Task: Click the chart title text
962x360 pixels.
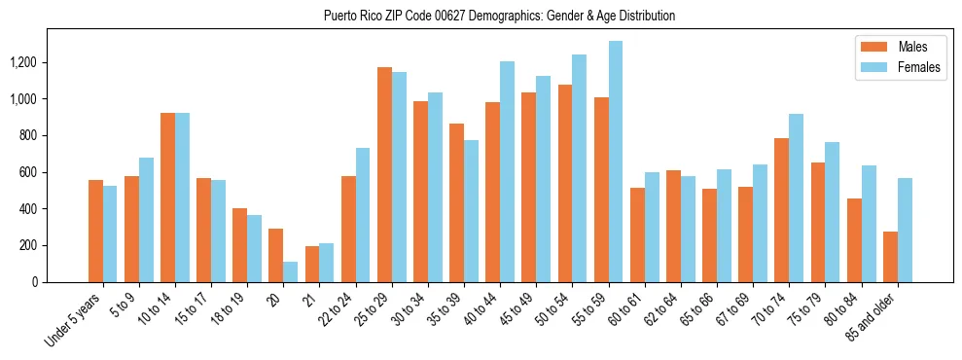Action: click(500, 17)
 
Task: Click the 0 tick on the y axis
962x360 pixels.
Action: click(35, 282)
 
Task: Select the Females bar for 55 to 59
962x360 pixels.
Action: click(616, 162)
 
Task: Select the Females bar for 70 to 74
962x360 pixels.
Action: click(796, 198)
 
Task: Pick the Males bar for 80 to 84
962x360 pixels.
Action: click(854, 240)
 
